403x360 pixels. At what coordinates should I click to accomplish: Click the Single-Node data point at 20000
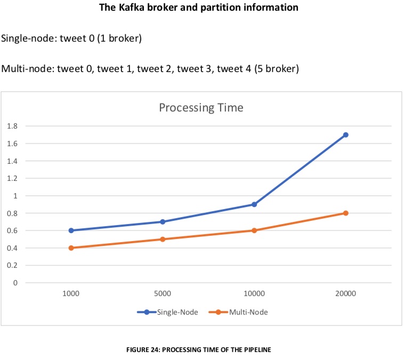pos(345,135)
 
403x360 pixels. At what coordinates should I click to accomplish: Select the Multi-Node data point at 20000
pos(345,213)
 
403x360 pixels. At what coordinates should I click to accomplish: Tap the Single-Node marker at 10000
pos(254,204)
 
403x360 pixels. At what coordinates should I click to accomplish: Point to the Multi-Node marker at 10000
pos(254,230)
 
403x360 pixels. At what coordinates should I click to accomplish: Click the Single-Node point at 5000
pos(163,222)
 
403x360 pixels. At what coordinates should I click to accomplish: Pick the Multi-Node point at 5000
pos(163,239)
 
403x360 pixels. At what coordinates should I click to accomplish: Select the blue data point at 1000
pos(71,230)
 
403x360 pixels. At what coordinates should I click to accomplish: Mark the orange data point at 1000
pos(71,248)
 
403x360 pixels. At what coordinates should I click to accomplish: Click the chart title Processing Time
pos(201,108)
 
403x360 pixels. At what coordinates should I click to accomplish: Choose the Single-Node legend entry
pos(167,312)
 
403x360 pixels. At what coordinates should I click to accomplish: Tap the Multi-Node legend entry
pos(238,312)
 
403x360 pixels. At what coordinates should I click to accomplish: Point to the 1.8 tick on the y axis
pos(12,126)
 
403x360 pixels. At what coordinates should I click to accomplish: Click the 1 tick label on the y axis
pos(15,196)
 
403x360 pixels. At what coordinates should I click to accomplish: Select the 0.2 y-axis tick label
pos(12,266)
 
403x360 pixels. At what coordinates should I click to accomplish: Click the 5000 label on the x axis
pos(163,293)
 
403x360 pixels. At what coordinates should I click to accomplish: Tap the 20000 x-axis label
pos(345,293)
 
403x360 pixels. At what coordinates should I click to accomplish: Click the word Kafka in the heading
pos(131,7)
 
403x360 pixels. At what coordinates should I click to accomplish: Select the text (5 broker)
pos(277,69)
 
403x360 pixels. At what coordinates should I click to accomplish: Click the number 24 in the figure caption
pos(157,350)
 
